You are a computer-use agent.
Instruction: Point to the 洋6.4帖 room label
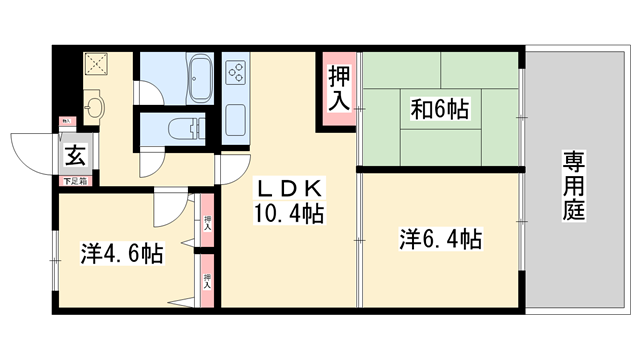(x=441, y=240)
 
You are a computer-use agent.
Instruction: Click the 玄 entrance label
(x=74, y=155)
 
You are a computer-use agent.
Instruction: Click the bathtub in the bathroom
(x=198, y=76)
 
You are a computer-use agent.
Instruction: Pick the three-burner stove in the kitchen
(x=239, y=72)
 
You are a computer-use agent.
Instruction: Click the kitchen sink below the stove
(x=238, y=121)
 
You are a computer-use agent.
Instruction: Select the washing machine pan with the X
(x=98, y=65)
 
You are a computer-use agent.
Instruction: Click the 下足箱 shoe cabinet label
(x=75, y=181)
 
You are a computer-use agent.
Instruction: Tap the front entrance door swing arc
(x=30, y=150)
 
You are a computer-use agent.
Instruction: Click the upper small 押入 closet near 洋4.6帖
(x=208, y=225)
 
